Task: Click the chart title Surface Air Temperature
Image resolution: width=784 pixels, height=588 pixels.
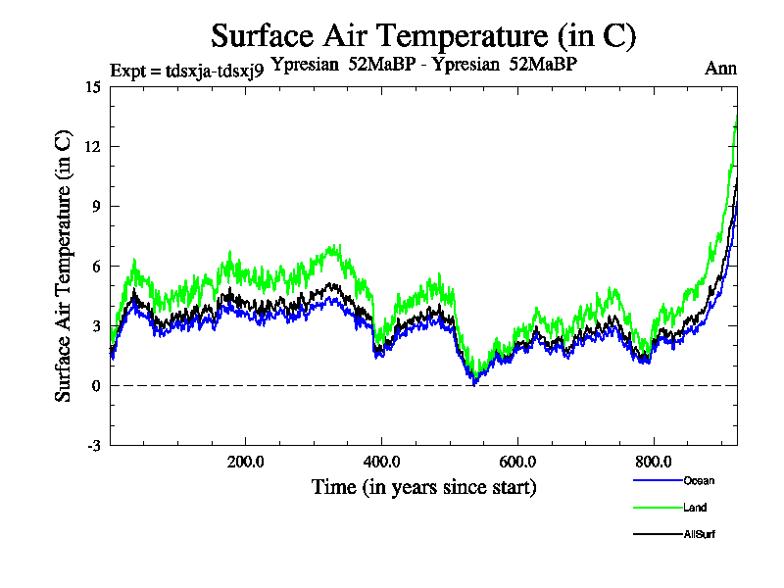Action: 424,36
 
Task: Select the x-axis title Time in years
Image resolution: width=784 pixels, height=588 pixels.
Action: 424,487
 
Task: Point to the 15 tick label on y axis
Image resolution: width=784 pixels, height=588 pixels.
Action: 93,86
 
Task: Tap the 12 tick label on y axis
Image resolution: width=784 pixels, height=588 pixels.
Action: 93,146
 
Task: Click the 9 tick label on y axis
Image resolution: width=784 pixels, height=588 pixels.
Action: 96,206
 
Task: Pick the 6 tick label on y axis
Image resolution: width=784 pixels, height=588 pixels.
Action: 96,266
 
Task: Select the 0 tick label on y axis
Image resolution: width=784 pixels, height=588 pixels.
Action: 96,385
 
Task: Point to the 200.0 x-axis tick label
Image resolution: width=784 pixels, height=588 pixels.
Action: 244,462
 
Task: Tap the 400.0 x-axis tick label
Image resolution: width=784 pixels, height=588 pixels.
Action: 380,462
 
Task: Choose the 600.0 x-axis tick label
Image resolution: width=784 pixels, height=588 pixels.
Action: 516,462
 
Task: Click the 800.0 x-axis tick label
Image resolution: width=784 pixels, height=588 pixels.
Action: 653,462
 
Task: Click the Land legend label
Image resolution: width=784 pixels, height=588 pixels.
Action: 694,508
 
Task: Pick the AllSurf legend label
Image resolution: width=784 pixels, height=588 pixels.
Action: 698,534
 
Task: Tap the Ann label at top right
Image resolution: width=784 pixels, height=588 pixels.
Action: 720,69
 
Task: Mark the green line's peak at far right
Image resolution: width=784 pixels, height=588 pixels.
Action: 736,119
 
